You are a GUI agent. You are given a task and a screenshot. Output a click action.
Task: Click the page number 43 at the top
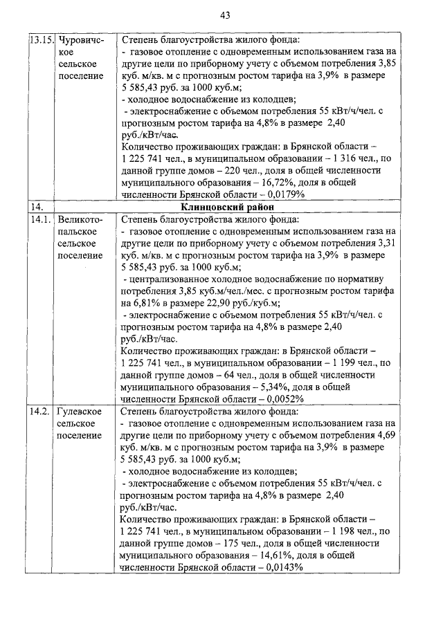pyautogui.click(x=225, y=15)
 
